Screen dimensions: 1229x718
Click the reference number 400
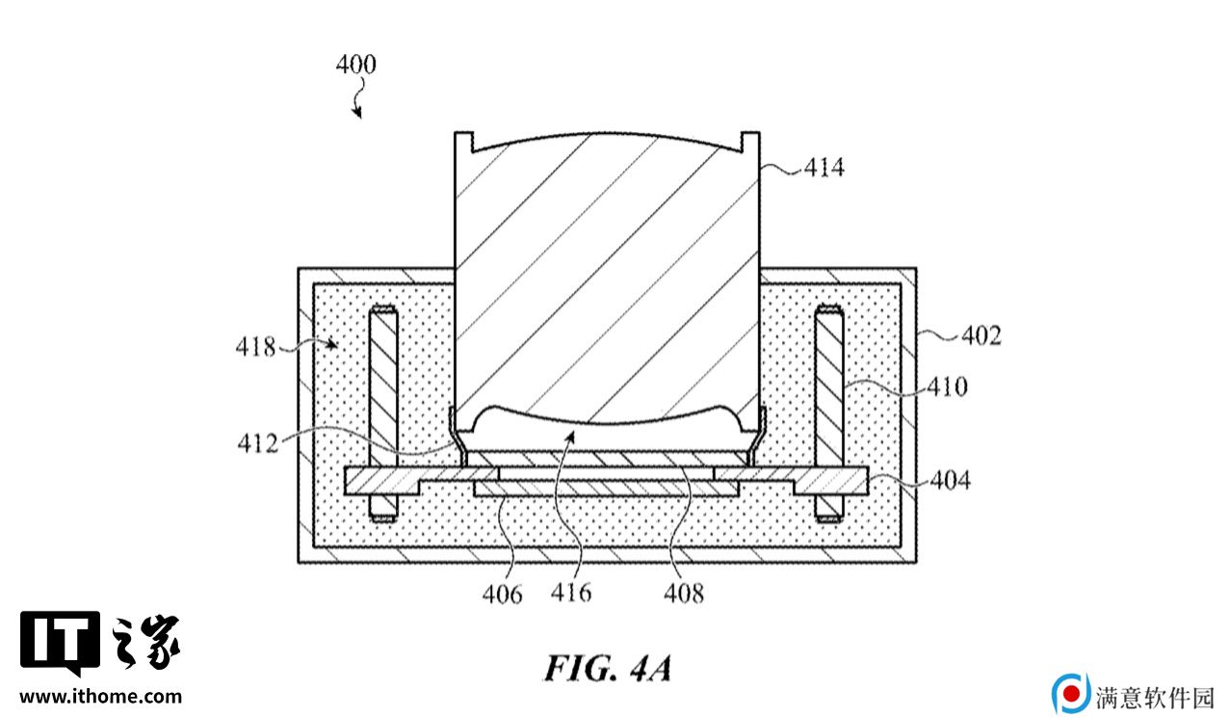point(356,65)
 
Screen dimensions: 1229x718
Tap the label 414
point(824,168)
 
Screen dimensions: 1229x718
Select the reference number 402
point(981,335)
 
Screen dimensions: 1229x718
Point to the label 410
point(948,386)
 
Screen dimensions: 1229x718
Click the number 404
point(951,480)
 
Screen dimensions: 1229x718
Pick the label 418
point(255,347)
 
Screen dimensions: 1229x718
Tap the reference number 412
point(258,443)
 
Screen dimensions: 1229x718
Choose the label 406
point(503,594)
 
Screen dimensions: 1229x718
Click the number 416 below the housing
point(571,593)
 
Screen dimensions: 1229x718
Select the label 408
point(684,594)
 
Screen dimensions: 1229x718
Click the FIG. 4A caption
point(608,669)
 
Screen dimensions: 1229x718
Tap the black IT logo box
point(61,642)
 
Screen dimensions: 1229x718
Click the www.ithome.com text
point(100,697)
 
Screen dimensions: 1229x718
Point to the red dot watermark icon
point(1071,694)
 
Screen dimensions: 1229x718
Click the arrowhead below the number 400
point(357,113)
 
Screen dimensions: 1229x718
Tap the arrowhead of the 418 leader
point(332,344)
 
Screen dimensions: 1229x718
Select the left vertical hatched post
point(383,412)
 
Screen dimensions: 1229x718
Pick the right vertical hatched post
point(829,412)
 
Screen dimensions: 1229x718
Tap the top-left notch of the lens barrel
point(464,142)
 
